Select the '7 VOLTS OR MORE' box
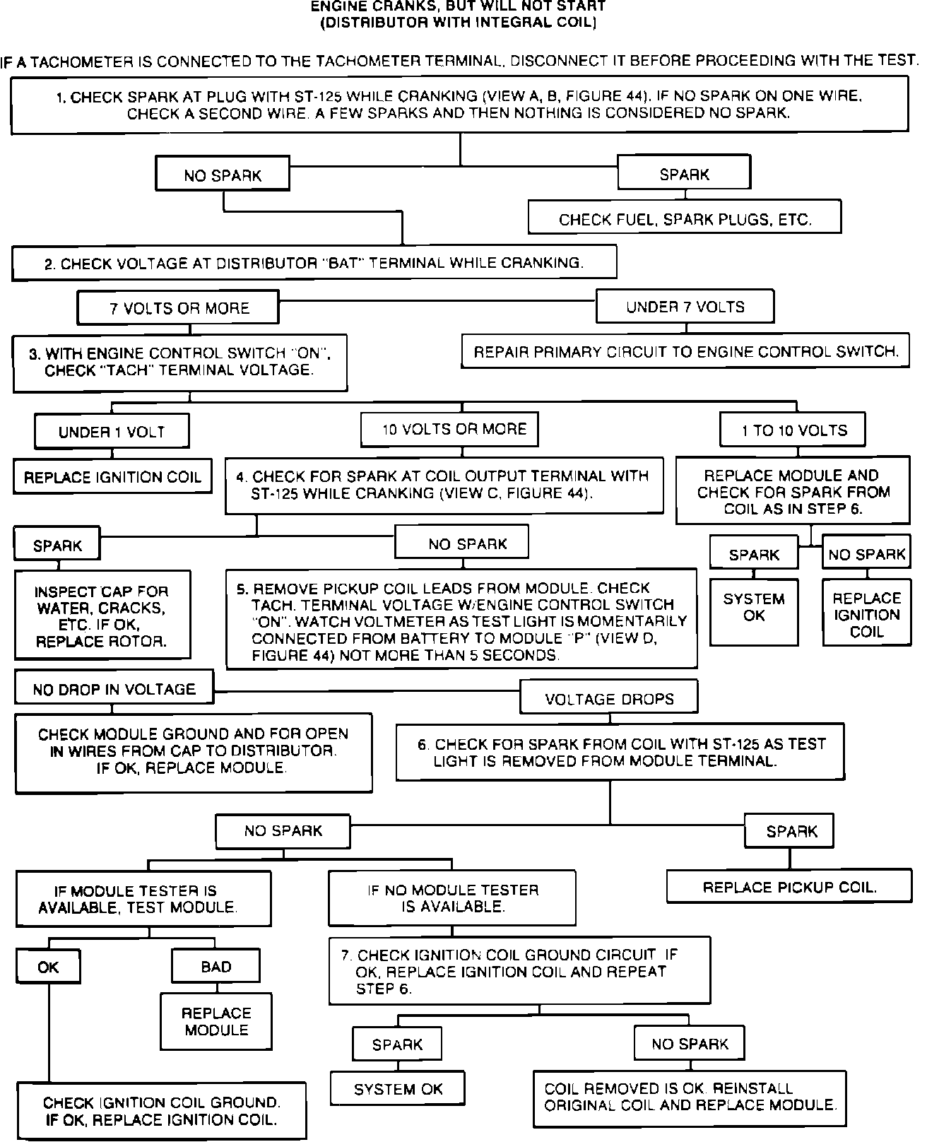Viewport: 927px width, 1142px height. coord(179,308)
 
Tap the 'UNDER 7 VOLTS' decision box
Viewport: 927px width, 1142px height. coord(685,307)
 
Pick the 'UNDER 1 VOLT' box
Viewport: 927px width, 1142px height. coord(112,431)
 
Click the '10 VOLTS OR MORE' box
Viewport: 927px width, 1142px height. coord(449,429)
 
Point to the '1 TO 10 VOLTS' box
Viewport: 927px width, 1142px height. coord(793,430)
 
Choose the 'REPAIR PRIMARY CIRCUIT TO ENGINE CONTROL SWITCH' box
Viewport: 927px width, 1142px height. coord(685,351)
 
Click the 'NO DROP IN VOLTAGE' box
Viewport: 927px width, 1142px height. coord(114,688)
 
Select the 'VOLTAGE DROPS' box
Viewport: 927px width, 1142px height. coord(609,698)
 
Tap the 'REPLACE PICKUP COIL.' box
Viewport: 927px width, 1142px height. coord(789,887)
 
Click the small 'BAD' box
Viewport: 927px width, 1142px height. coord(215,966)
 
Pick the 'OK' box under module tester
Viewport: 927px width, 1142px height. coord(48,966)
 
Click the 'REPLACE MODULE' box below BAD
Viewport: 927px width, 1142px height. coord(216,1021)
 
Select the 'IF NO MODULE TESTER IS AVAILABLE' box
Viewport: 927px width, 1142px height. coord(452,897)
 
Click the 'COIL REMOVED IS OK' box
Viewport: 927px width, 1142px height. coord(690,1096)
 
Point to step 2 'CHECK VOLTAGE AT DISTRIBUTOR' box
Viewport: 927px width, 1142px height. coord(314,263)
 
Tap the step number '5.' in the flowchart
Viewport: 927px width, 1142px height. coord(242,588)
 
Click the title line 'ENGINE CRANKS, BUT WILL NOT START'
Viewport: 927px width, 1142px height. coord(459,6)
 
